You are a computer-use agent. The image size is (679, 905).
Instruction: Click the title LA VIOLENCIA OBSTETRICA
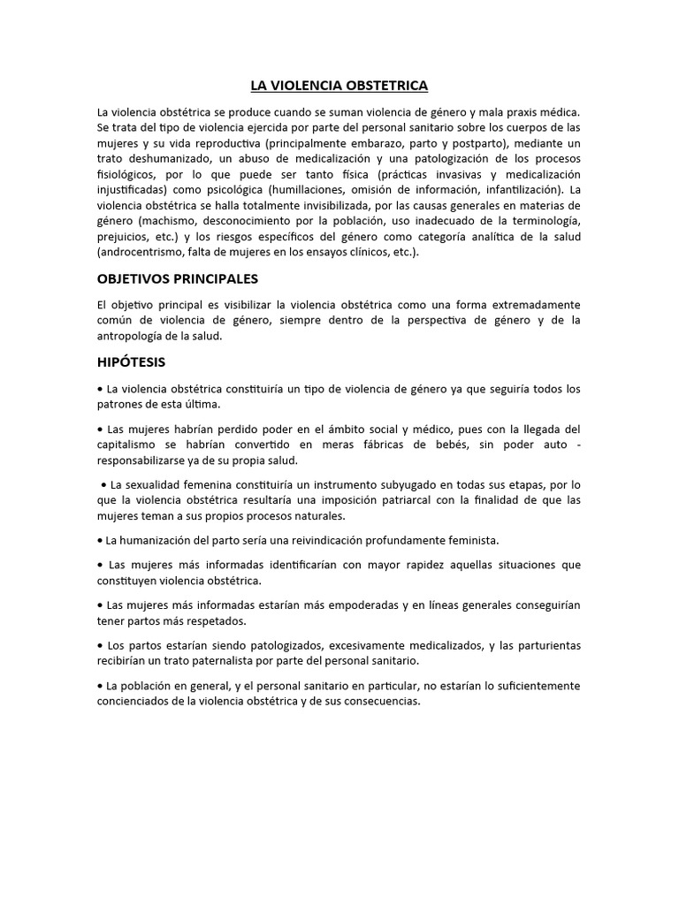[x=339, y=86]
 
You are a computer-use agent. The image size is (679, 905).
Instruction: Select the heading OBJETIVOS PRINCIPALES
[x=177, y=278]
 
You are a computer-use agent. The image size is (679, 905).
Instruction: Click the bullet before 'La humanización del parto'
[x=100, y=539]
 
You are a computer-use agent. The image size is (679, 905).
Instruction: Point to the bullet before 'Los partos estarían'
[x=100, y=645]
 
